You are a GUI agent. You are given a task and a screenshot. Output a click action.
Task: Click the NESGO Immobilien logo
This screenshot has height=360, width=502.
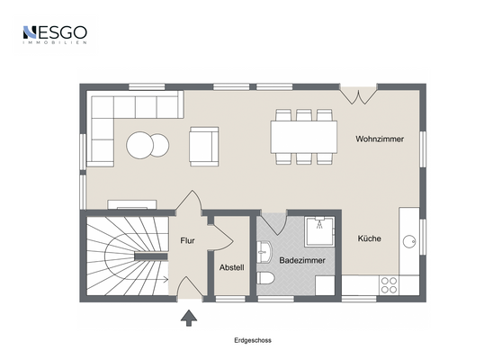pyautogui.click(x=55, y=34)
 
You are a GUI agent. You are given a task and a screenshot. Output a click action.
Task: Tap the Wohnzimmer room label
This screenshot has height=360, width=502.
pyautogui.click(x=380, y=139)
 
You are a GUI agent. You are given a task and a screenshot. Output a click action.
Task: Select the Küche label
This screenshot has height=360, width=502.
pyautogui.click(x=369, y=238)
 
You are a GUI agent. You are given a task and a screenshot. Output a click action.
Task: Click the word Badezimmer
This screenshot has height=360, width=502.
pyautogui.click(x=302, y=260)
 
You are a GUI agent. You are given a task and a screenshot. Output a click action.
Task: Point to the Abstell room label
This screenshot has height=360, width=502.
pyautogui.click(x=231, y=267)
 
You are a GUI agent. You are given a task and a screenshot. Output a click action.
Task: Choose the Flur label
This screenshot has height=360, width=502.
pyautogui.click(x=187, y=240)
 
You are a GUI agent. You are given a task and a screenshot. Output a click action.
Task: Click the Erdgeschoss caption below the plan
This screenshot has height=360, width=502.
pyautogui.click(x=253, y=340)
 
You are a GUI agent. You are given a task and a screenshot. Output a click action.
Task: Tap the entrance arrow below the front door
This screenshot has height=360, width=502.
pyautogui.click(x=189, y=318)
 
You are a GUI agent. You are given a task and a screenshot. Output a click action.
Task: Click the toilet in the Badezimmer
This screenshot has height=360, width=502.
pyautogui.click(x=265, y=278)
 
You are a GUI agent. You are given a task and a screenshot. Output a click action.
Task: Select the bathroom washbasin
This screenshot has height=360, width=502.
pyautogui.click(x=264, y=252)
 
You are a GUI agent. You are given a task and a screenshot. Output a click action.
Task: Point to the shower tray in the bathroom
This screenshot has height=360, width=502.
pyautogui.click(x=319, y=231)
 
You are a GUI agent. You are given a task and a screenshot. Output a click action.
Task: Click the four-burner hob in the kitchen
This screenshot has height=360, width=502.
pyautogui.click(x=389, y=285)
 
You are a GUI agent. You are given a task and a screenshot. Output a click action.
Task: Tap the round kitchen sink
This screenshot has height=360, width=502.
pyautogui.click(x=409, y=241)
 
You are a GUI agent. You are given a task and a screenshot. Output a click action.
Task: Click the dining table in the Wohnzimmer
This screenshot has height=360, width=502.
pyautogui.click(x=303, y=137)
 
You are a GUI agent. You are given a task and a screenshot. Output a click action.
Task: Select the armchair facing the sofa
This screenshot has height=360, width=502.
pyautogui.click(x=204, y=147)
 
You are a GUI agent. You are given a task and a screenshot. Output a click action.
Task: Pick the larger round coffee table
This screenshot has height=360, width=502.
pyautogui.click(x=139, y=145)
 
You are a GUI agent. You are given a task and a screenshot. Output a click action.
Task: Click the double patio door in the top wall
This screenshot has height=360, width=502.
pyautogui.click(x=359, y=95)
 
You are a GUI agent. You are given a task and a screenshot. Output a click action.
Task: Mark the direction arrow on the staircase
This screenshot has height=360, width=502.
pyautogui.click(x=147, y=279)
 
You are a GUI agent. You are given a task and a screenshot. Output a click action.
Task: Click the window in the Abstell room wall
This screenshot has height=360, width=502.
pyautogui.click(x=230, y=299)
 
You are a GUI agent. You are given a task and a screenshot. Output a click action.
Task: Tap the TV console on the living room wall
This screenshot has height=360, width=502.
pyautogui.click(x=132, y=204)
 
